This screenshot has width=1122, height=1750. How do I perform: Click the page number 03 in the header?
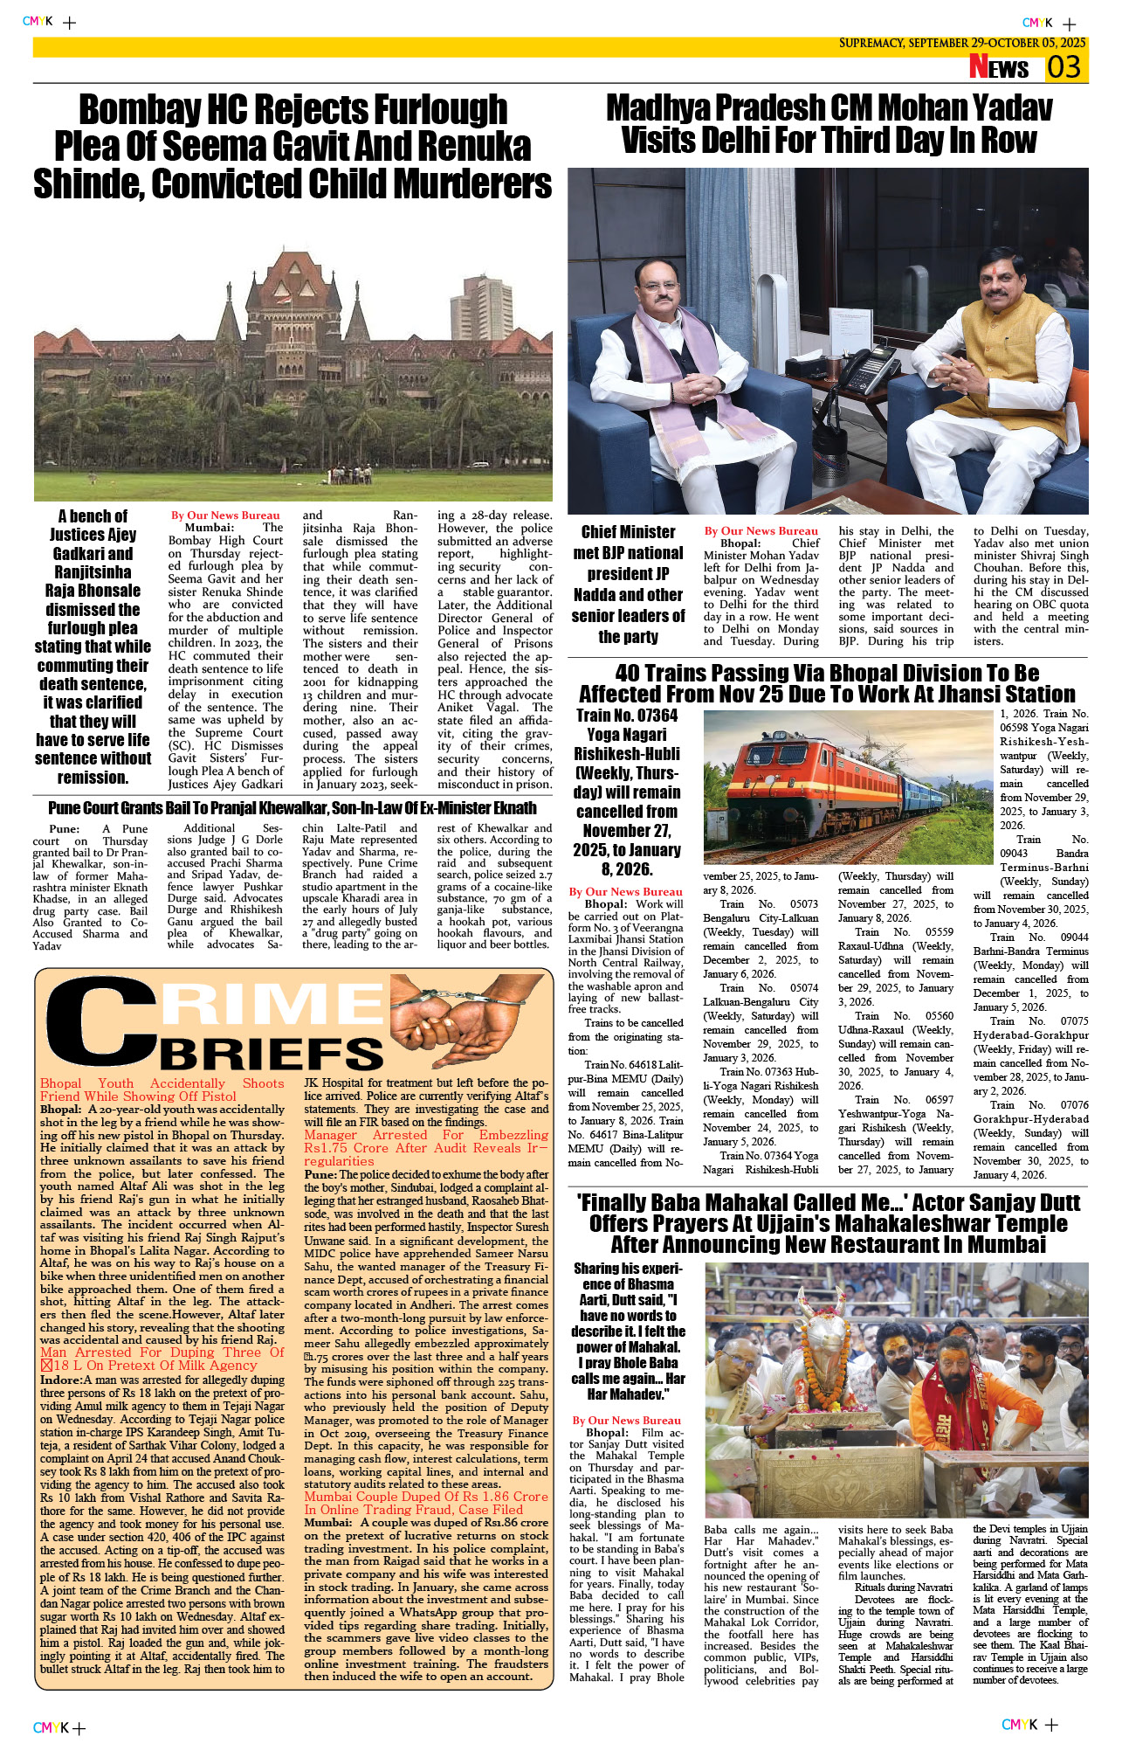[1064, 67]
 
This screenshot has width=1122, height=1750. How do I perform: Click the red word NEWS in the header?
[999, 67]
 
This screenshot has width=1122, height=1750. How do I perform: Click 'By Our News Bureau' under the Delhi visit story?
[761, 530]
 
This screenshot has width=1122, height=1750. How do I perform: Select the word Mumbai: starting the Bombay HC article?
[209, 528]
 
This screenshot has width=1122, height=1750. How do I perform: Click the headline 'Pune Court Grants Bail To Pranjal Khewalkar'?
[292, 808]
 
